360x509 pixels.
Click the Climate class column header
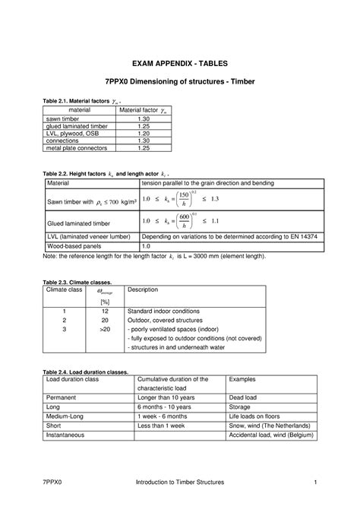(63, 289)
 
